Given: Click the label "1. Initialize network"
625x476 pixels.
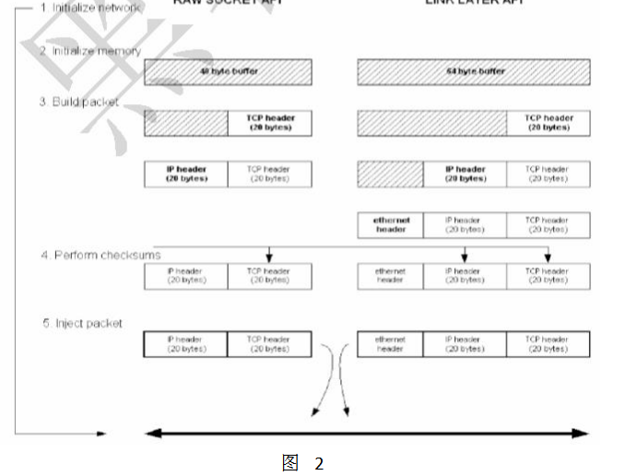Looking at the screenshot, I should point(91,7).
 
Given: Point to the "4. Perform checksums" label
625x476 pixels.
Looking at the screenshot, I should point(100,254).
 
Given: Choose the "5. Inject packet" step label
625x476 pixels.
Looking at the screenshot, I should point(82,323).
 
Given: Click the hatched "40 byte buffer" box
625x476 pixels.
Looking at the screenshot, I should point(227,72).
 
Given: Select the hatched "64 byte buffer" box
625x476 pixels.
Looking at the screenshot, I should point(473,72).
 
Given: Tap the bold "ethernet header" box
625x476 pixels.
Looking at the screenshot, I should point(390,225).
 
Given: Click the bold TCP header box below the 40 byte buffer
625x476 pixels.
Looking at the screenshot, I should point(269,123).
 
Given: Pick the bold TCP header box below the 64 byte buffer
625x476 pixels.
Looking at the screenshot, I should point(548,123).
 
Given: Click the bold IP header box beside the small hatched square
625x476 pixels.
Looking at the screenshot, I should point(465,174).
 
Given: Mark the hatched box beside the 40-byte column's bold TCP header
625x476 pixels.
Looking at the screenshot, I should point(185,123).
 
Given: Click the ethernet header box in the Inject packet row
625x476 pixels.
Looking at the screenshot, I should point(390,344).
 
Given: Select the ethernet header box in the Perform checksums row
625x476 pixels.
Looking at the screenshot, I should point(390,276).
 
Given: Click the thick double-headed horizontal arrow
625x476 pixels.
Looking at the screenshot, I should point(366,433).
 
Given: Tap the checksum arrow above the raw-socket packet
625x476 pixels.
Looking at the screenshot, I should point(268,254).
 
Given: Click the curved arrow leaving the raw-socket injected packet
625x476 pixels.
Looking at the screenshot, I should point(322,387).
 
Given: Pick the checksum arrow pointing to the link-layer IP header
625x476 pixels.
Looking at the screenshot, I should point(465,254).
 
